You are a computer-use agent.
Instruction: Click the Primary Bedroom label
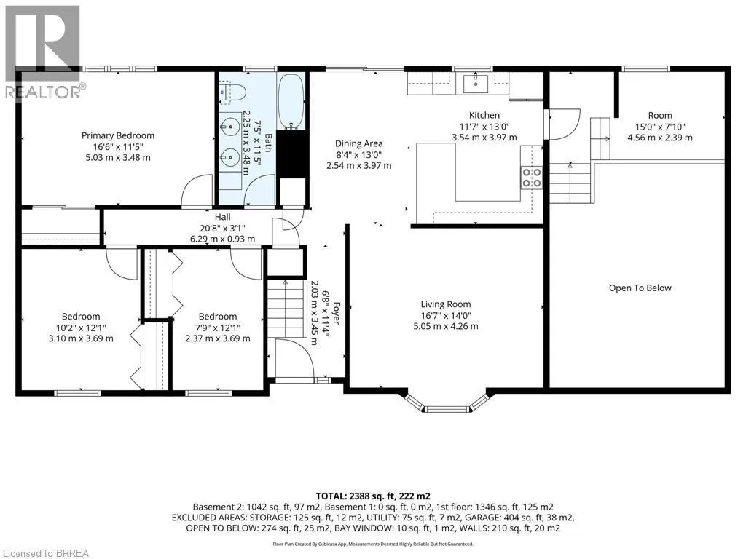pyautogui.click(x=118, y=135)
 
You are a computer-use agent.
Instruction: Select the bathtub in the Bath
pyautogui.click(x=290, y=102)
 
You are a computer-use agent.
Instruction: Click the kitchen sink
pyautogui.click(x=475, y=83)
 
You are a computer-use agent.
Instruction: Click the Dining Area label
pyautogui.click(x=358, y=143)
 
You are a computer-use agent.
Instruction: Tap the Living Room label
pyautogui.click(x=446, y=304)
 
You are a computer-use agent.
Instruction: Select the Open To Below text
pyautogui.click(x=640, y=288)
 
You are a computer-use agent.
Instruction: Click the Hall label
pyautogui.click(x=223, y=217)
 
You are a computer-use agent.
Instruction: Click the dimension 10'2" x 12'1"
pyautogui.click(x=81, y=328)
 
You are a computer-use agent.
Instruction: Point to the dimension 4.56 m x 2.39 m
pyautogui.click(x=660, y=138)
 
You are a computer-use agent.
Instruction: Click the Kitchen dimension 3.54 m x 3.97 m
pyautogui.click(x=484, y=138)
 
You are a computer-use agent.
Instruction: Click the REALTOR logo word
pyautogui.click(x=43, y=92)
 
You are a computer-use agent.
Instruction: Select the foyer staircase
pyautogui.click(x=286, y=309)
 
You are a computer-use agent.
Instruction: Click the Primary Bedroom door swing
pyautogui.click(x=197, y=191)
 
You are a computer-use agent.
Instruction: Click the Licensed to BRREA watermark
pyautogui.click(x=45, y=553)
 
